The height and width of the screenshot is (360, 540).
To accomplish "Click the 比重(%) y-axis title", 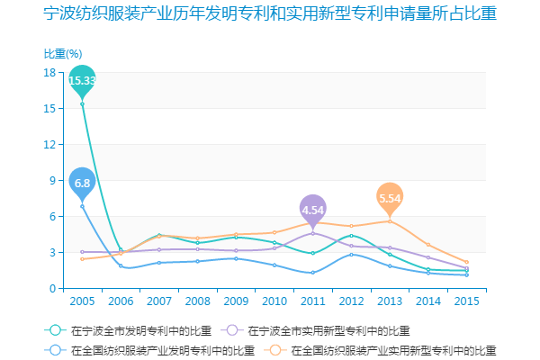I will click(x=63, y=54).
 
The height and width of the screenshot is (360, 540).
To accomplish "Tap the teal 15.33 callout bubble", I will click(x=82, y=80).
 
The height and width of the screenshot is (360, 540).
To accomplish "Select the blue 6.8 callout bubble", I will click(x=82, y=183).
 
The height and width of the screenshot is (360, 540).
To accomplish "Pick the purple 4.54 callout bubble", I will click(x=312, y=210).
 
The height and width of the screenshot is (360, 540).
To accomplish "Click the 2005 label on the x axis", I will click(x=82, y=301).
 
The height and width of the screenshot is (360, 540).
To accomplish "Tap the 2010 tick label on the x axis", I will click(x=274, y=301).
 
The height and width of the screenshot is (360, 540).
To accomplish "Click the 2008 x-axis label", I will click(x=197, y=301).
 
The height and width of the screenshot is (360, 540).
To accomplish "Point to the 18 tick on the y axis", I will click(x=50, y=72).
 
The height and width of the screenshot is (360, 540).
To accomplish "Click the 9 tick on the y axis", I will click(x=53, y=180).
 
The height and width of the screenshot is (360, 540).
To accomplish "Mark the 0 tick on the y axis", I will click(x=53, y=288).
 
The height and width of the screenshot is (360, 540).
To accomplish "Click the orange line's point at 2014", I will click(x=427, y=245).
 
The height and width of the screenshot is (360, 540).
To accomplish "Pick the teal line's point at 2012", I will click(x=351, y=235).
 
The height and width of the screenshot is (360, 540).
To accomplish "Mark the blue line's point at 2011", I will click(x=312, y=273).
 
